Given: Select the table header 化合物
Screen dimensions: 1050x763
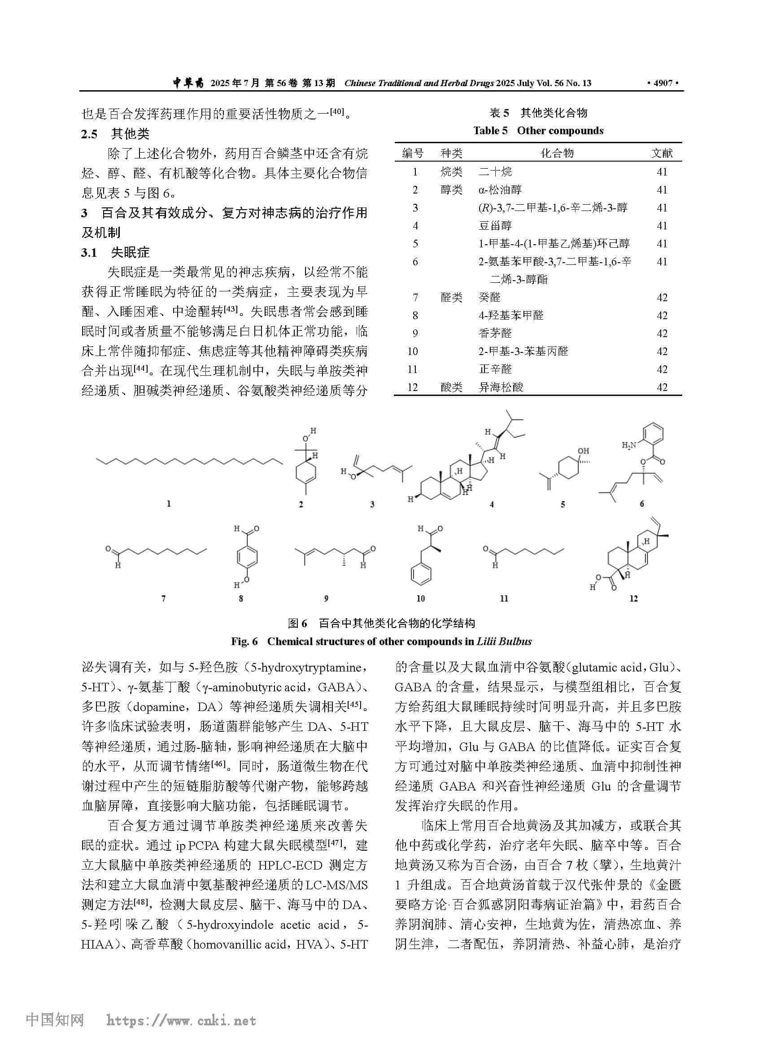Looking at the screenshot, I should click(x=557, y=153).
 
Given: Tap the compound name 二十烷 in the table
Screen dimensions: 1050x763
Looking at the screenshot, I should click(x=495, y=172).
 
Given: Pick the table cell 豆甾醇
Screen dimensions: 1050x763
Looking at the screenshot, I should click(x=495, y=226).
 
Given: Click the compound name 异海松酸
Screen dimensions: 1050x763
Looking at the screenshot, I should click(x=501, y=387).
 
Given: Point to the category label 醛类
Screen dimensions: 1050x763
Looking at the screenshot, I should click(x=451, y=298).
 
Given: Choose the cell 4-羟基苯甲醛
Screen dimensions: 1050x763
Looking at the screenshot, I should click(x=511, y=316).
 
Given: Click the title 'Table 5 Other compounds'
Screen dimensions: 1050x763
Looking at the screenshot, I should click(x=538, y=131).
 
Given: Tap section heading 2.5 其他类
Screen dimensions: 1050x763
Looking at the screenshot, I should click(x=115, y=134).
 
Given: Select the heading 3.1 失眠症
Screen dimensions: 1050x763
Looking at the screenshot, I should click(x=115, y=253).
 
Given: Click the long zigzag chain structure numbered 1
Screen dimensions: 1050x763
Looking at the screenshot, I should click(x=190, y=461).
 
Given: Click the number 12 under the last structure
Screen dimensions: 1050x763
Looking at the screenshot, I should click(x=633, y=598).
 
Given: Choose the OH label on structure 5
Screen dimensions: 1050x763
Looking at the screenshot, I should click(x=583, y=450).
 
